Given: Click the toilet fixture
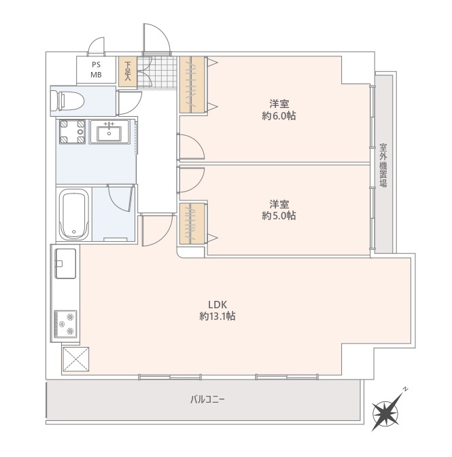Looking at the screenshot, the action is (x=67, y=101).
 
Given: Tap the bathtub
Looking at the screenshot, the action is (x=74, y=214).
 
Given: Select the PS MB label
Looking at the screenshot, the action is (x=96, y=70).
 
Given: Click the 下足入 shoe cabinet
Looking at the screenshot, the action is (x=128, y=71).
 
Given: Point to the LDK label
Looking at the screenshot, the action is (x=218, y=305).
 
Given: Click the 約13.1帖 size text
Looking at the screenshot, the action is (x=218, y=316).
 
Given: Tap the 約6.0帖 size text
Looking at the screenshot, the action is (x=279, y=116).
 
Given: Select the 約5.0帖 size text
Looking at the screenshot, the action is (x=279, y=216).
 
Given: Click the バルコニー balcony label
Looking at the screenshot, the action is (x=207, y=399).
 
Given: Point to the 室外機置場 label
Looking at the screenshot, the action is (x=383, y=165).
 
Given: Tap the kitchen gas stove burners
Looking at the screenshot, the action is (x=66, y=324).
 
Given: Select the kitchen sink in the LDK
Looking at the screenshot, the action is (x=66, y=263).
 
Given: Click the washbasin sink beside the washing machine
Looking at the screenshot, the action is (x=109, y=132).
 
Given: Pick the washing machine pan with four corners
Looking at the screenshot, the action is (x=72, y=132).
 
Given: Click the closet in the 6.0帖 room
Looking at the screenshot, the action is (x=192, y=84).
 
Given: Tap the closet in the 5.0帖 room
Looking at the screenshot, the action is (x=192, y=223).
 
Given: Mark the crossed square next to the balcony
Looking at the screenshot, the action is (x=75, y=359).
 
